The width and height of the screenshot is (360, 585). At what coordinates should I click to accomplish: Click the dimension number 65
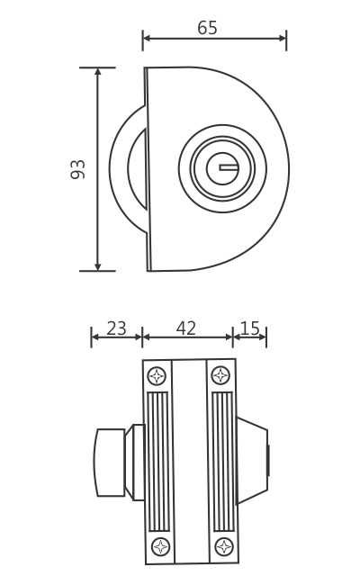[207, 28]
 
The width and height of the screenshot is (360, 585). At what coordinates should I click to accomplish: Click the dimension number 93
[78, 169]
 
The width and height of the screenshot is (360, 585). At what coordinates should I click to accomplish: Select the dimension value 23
[116, 328]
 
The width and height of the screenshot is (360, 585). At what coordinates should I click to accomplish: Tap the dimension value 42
[186, 328]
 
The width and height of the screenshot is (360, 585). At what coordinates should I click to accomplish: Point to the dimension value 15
[250, 328]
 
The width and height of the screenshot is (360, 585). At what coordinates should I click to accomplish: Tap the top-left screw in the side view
[157, 375]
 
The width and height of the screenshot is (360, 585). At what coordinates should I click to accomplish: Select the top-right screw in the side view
[220, 375]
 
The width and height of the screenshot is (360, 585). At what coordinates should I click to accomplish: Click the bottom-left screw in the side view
[160, 546]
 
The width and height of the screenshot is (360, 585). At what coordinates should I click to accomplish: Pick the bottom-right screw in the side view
[224, 546]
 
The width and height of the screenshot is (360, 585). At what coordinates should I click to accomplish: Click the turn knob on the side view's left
[110, 463]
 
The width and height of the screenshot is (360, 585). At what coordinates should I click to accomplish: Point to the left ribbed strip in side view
[158, 461]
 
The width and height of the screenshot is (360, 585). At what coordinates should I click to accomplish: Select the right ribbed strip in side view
[222, 461]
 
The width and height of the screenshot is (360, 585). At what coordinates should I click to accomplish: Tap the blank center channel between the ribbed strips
[190, 461]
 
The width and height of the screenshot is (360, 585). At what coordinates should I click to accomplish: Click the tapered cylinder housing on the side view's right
[252, 460]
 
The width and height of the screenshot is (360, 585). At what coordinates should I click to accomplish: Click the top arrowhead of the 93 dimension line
[97, 72]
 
